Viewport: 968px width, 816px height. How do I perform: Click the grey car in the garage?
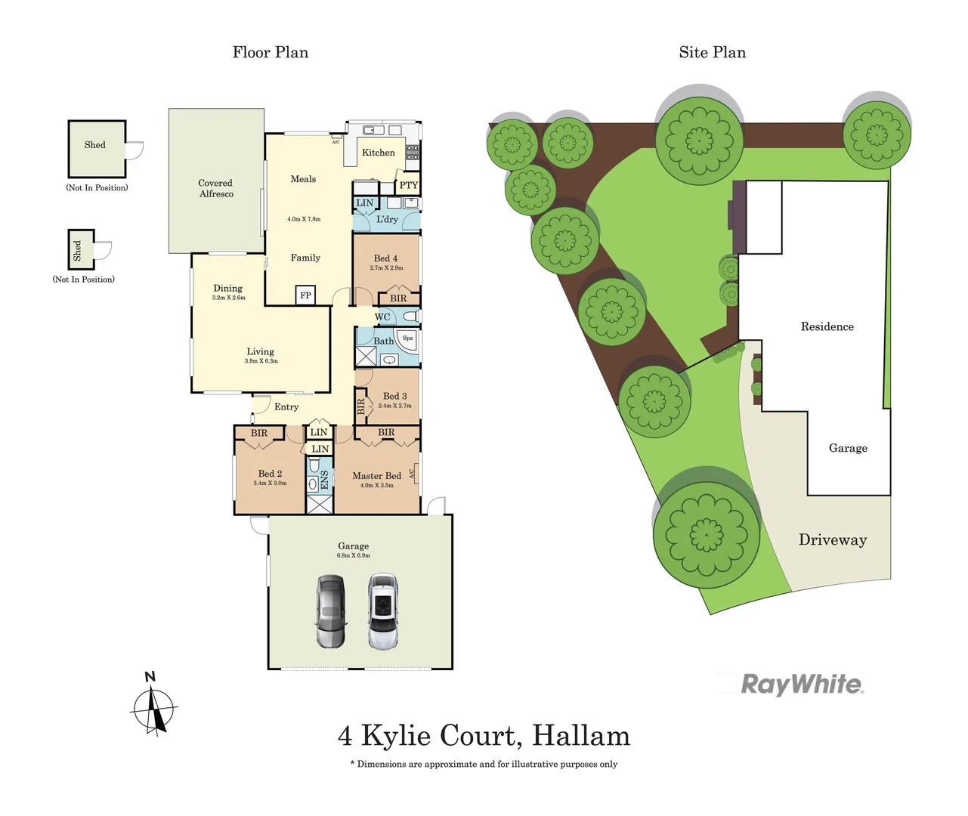pyautogui.click(x=330, y=611)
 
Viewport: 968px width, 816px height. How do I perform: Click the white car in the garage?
pyautogui.click(x=383, y=611)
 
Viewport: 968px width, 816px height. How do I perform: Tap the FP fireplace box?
pyautogui.click(x=305, y=295)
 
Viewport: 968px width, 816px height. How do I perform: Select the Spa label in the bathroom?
pyautogui.click(x=408, y=338)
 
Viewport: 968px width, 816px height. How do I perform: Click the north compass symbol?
pyautogui.click(x=153, y=705)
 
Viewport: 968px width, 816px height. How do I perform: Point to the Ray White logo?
pyautogui.click(x=801, y=685)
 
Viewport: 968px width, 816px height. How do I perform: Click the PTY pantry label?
pyautogui.click(x=408, y=185)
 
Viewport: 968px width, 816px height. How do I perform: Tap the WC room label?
pyautogui.click(x=382, y=317)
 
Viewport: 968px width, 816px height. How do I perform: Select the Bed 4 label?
pyautogui.click(x=385, y=258)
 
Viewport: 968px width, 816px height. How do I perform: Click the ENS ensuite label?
pyautogui.click(x=325, y=480)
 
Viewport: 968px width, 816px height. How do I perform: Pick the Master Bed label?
pyautogui.click(x=376, y=476)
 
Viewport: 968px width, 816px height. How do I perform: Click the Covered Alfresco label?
pyautogui.click(x=215, y=188)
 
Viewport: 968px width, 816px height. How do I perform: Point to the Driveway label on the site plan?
pyautogui.click(x=833, y=539)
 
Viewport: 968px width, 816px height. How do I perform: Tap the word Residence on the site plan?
pyautogui.click(x=827, y=326)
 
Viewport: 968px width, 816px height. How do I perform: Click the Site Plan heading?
pyautogui.click(x=712, y=52)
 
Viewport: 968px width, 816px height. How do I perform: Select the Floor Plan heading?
pyautogui.click(x=270, y=52)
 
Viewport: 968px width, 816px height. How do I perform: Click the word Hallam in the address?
pyautogui.click(x=580, y=735)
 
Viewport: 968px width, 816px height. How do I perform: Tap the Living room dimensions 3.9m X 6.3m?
pyautogui.click(x=261, y=361)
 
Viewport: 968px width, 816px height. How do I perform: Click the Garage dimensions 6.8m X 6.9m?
pyautogui.click(x=353, y=555)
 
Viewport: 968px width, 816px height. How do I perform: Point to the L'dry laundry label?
pyautogui.click(x=387, y=219)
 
